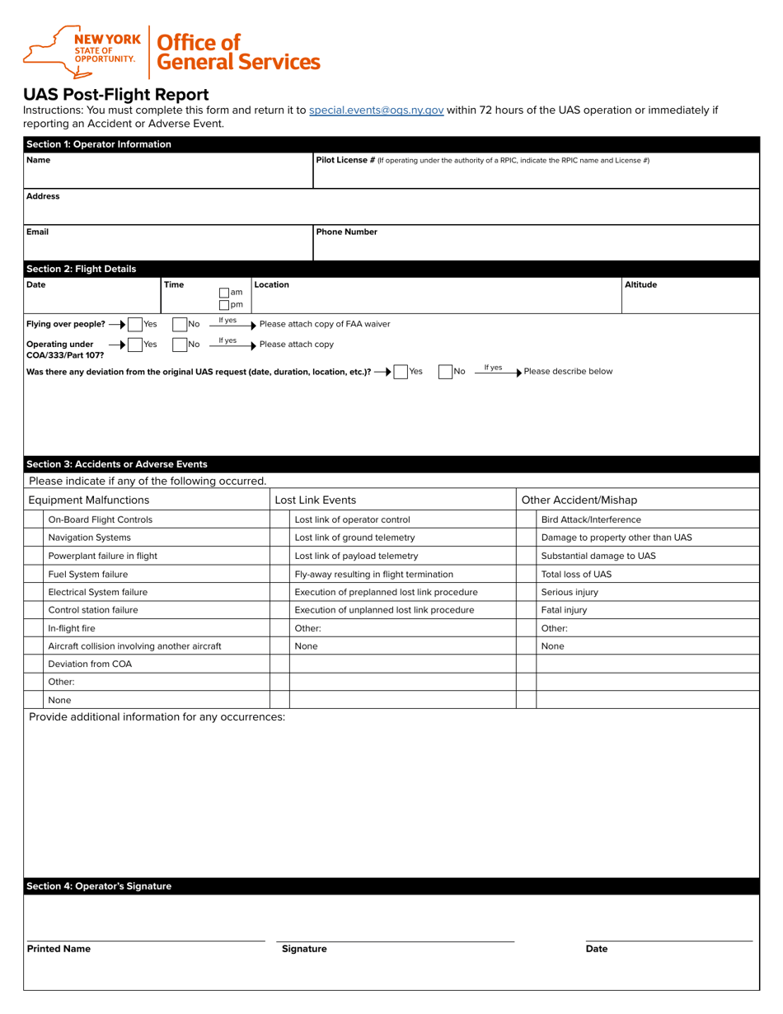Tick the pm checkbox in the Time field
[224, 305]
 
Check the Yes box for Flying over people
[135, 324]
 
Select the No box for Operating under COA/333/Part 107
[181, 344]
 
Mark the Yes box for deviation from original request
[401, 372]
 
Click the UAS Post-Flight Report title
[115, 94]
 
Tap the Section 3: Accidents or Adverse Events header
[117, 464]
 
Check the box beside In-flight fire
[33, 628]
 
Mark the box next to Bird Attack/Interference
[526, 519]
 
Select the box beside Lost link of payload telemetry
[280, 556]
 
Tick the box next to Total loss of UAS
[526, 574]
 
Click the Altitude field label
[640, 285]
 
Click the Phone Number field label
[347, 232]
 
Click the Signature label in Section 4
[304, 949]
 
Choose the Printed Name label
[59, 949]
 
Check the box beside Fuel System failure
[33, 574]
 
